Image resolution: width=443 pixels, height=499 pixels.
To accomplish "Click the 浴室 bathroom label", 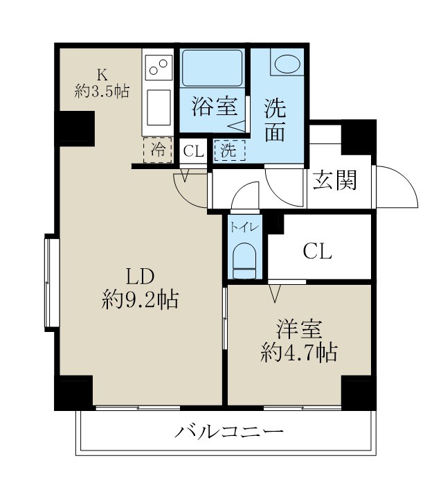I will (214, 107).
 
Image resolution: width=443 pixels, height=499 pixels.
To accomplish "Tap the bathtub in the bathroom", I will (213, 67).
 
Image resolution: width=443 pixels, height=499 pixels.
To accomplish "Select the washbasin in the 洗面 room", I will (286, 64).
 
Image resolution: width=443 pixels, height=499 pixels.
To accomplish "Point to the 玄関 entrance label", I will (335, 180).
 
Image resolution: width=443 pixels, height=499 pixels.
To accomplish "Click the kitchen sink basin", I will (159, 107).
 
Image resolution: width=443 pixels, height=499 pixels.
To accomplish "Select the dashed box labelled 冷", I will (159, 150).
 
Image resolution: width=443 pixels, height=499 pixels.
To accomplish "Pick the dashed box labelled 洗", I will (228, 149).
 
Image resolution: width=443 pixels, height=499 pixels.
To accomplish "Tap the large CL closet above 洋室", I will (318, 250).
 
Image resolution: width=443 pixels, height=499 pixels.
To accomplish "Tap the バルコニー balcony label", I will (229, 433).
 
